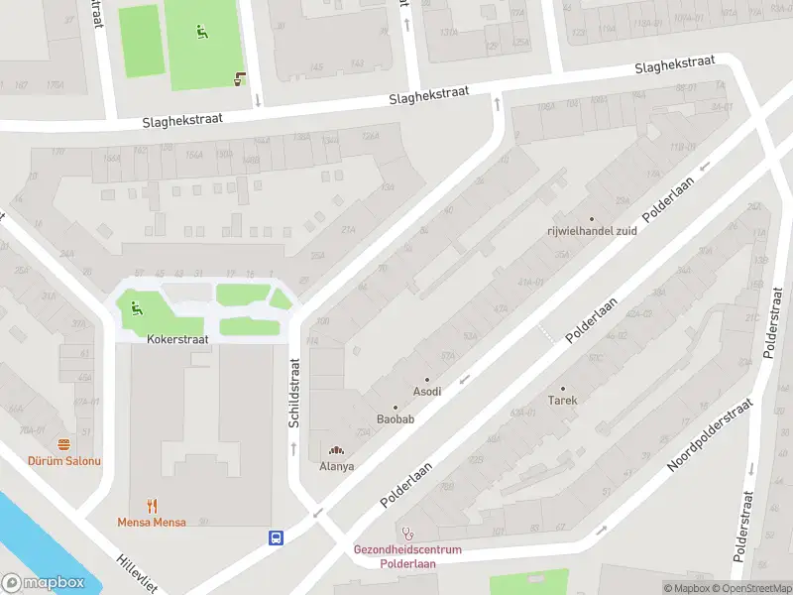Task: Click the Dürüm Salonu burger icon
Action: point(64,444)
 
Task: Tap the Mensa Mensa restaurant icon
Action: point(152,505)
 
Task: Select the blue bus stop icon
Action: point(276,537)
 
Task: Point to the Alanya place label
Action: point(337,466)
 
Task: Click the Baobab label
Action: point(395,419)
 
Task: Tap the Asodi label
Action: point(427,392)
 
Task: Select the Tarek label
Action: point(562,401)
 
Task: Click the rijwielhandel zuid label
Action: point(592,232)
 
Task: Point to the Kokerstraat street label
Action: point(177,339)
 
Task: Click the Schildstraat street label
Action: point(293,394)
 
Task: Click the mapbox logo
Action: point(43,583)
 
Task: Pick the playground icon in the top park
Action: point(201,31)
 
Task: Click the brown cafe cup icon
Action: point(239,79)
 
